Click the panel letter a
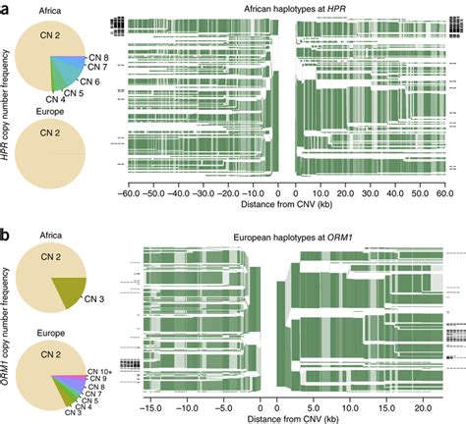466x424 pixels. pos(6,8)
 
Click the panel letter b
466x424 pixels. pos(6,236)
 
